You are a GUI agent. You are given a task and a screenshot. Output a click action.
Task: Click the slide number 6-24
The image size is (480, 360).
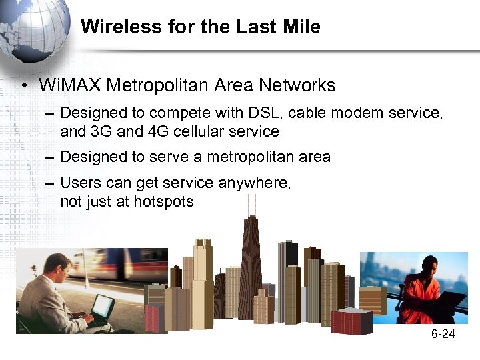coord(443,333)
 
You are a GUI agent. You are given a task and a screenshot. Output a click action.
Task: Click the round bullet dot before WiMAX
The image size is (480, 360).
coord(24,86)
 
